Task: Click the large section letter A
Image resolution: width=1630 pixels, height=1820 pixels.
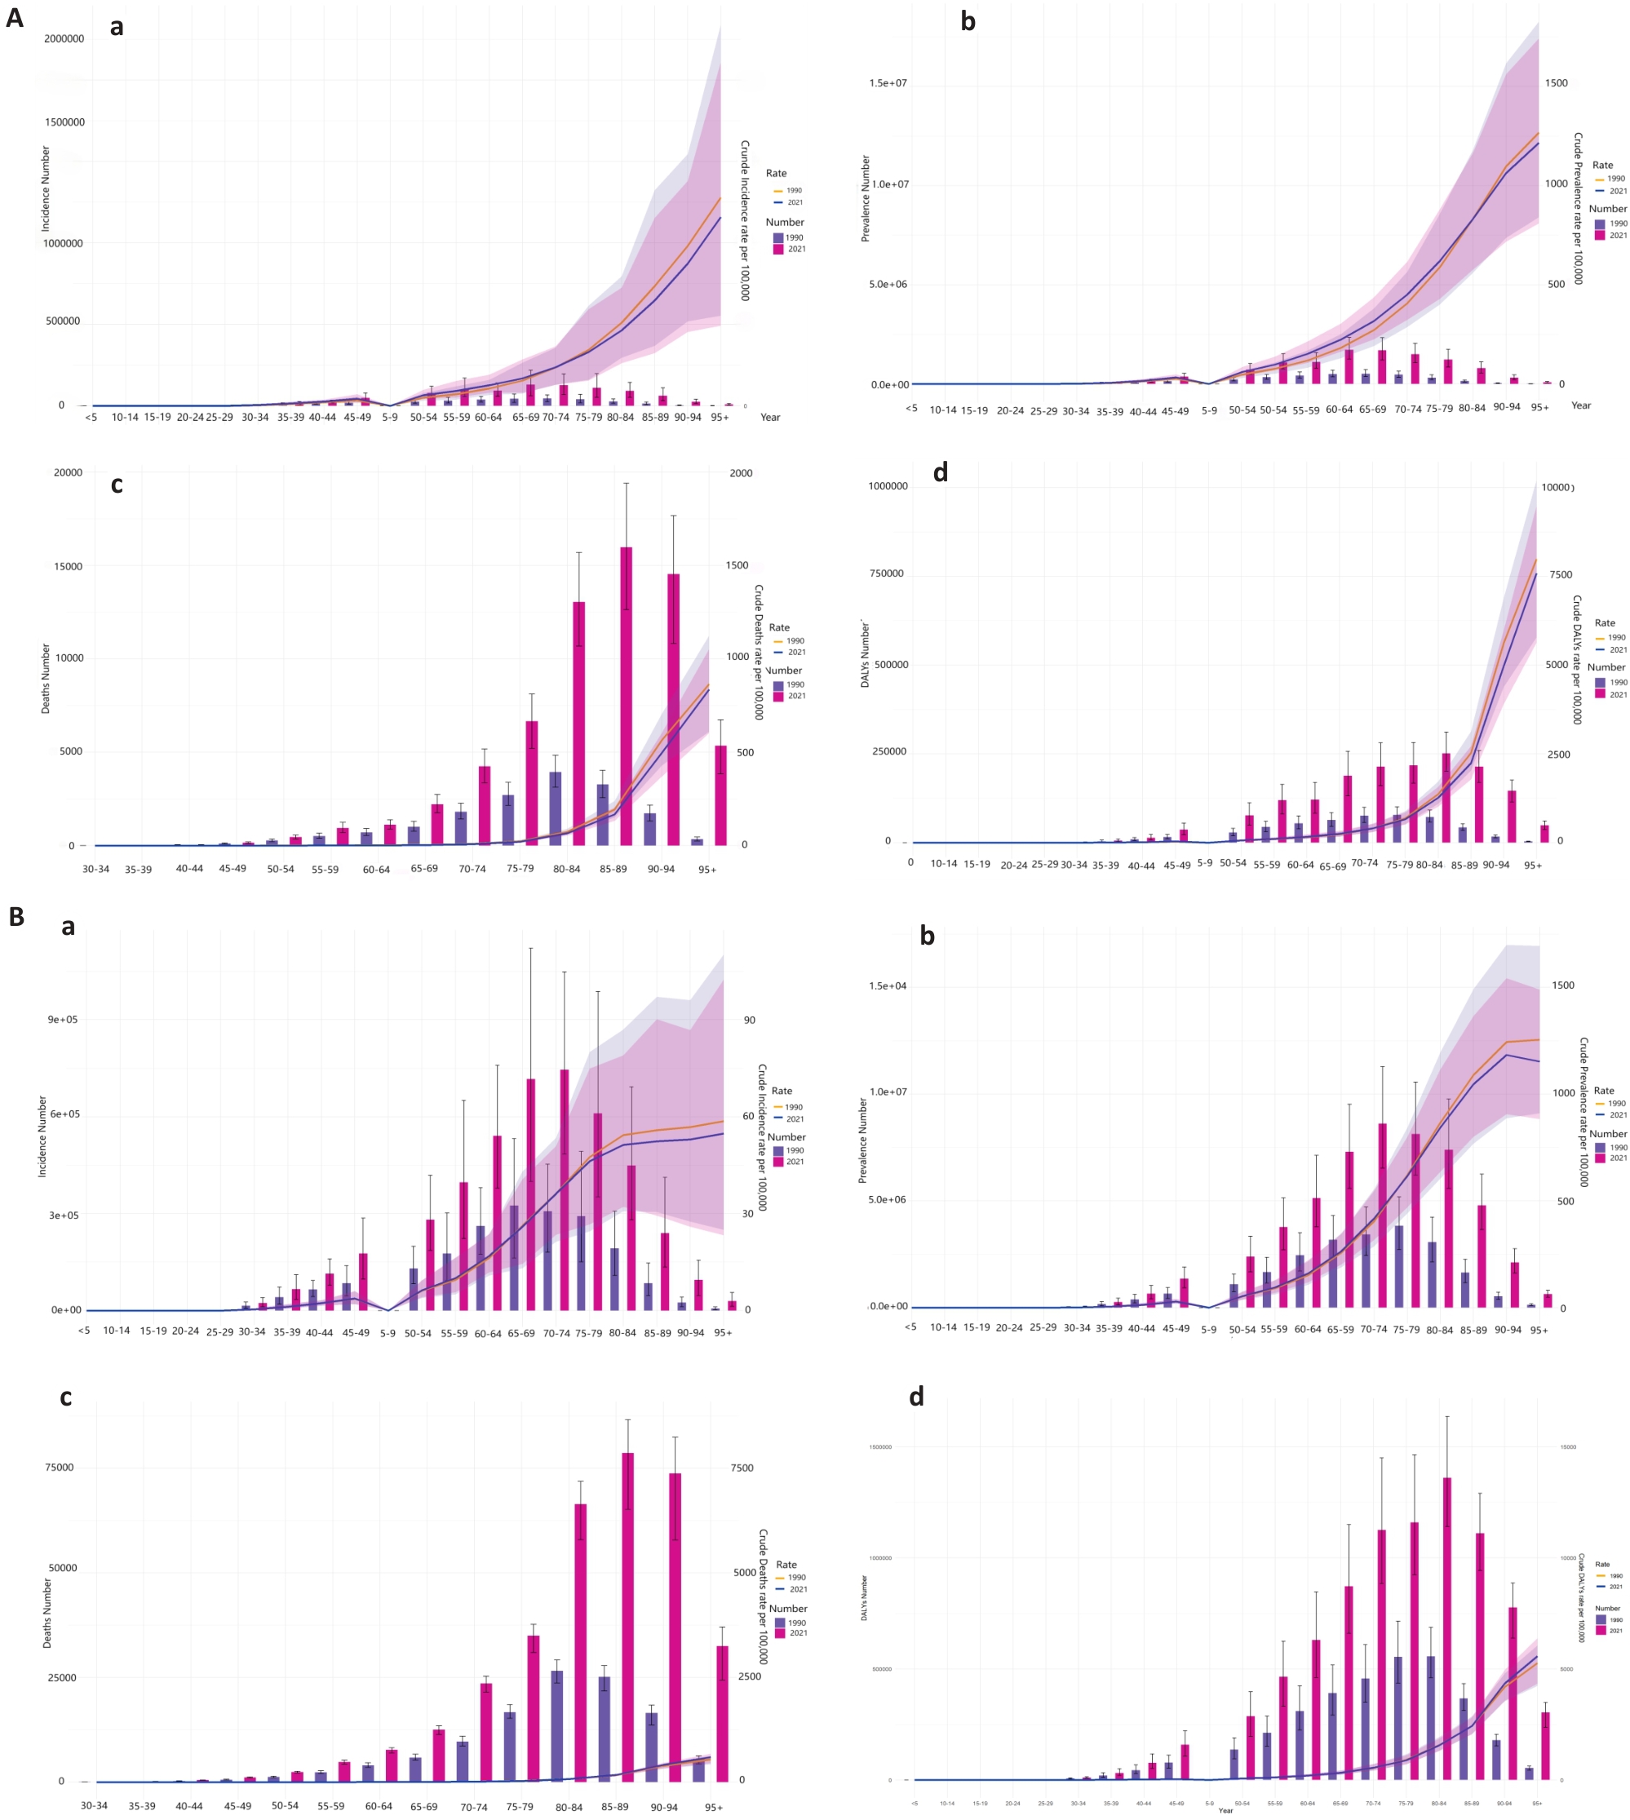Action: click(15, 17)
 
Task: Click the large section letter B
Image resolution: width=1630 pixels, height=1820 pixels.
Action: click(16, 916)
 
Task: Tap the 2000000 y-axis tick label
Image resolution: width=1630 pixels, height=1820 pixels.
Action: click(64, 38)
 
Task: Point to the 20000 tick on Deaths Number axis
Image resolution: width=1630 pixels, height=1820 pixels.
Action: click(68, 473)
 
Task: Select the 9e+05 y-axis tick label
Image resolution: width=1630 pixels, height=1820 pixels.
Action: click(63, 1019)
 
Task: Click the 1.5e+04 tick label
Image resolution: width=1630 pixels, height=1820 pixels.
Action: click(887, 986)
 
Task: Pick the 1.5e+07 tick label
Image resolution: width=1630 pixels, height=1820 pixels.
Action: click(887, 83)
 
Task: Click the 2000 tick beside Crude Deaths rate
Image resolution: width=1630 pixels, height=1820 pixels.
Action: click(741, 473)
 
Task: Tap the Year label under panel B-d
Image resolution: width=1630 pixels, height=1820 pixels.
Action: click(1225, 1811)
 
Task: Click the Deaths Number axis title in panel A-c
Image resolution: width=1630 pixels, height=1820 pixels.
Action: click(46, 678)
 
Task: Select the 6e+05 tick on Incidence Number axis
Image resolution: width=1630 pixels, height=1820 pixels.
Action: click(63, 1114)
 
